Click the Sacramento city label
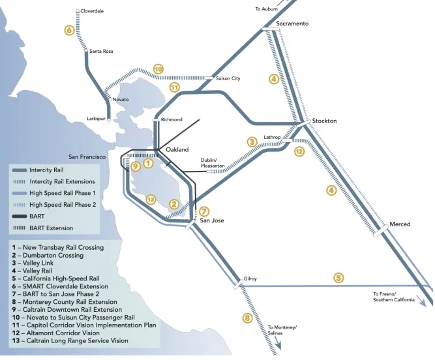292,23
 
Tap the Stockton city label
324,121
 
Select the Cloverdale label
91,11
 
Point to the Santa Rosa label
102,51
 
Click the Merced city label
400,224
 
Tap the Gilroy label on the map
250,278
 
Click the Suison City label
228,78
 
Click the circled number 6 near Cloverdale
69,30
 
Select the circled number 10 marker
158,68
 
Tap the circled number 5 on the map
338,278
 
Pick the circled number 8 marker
247,318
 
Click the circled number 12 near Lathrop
299,151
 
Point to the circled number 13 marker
151,200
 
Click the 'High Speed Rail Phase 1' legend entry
62,193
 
